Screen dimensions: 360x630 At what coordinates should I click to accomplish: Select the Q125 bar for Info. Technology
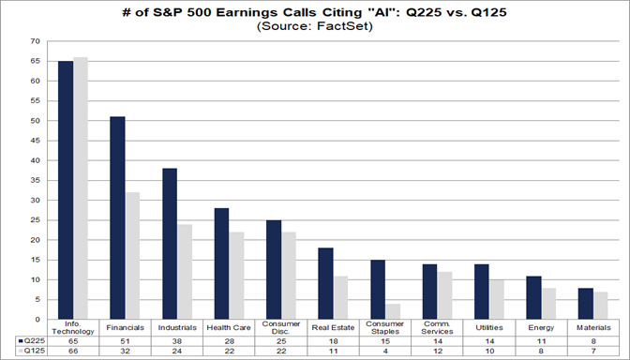pos(81,187)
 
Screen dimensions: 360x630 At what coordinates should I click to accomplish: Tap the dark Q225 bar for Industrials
pos(171,243)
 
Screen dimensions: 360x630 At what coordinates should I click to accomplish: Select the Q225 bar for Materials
pos(586,303)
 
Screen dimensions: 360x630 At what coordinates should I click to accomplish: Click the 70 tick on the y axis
pos(36,42)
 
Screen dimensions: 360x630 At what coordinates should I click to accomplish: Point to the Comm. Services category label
pos(438,329)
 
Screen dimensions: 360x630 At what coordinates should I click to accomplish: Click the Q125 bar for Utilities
pos(497,299)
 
